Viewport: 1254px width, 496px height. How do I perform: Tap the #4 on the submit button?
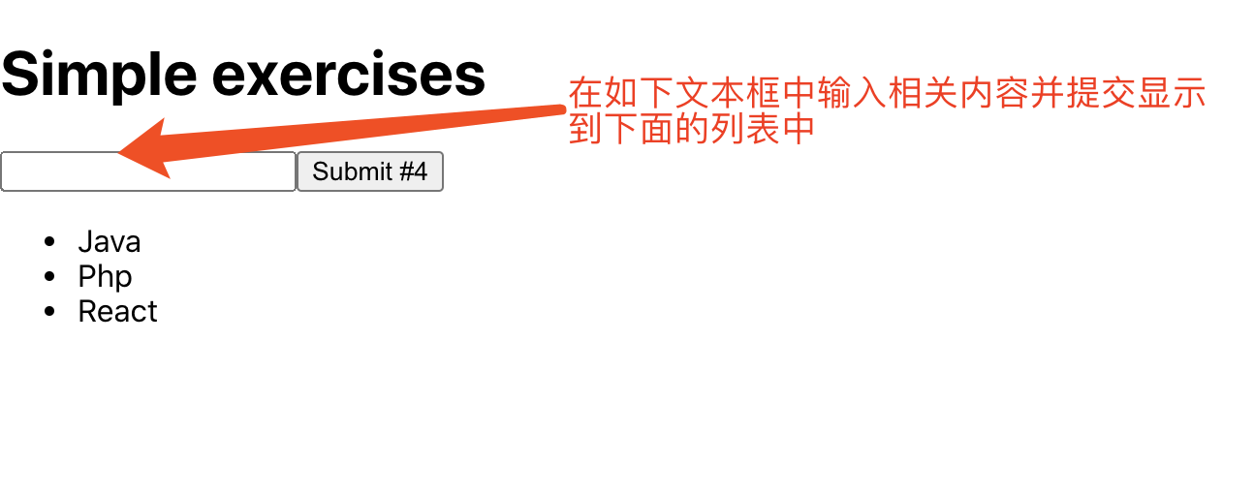click(x=412, y=171)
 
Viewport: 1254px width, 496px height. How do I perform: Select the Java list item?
click(x=110, y=241)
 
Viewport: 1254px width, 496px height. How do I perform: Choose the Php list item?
click(x=105, y=276)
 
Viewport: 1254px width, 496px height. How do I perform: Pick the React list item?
click(x=117, y=311)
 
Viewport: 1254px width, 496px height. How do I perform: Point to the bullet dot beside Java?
click(x=50, y=241)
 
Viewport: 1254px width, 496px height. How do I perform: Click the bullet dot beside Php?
click(x=50, y=276)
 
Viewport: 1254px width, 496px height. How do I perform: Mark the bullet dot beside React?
click(x=50, y=311)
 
